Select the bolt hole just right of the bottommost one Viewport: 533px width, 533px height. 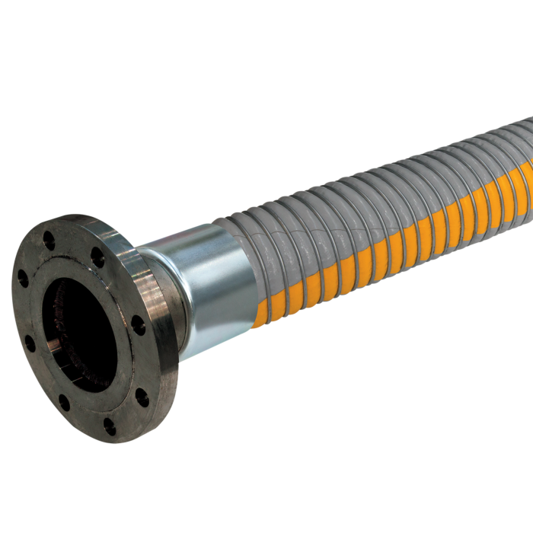141,397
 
